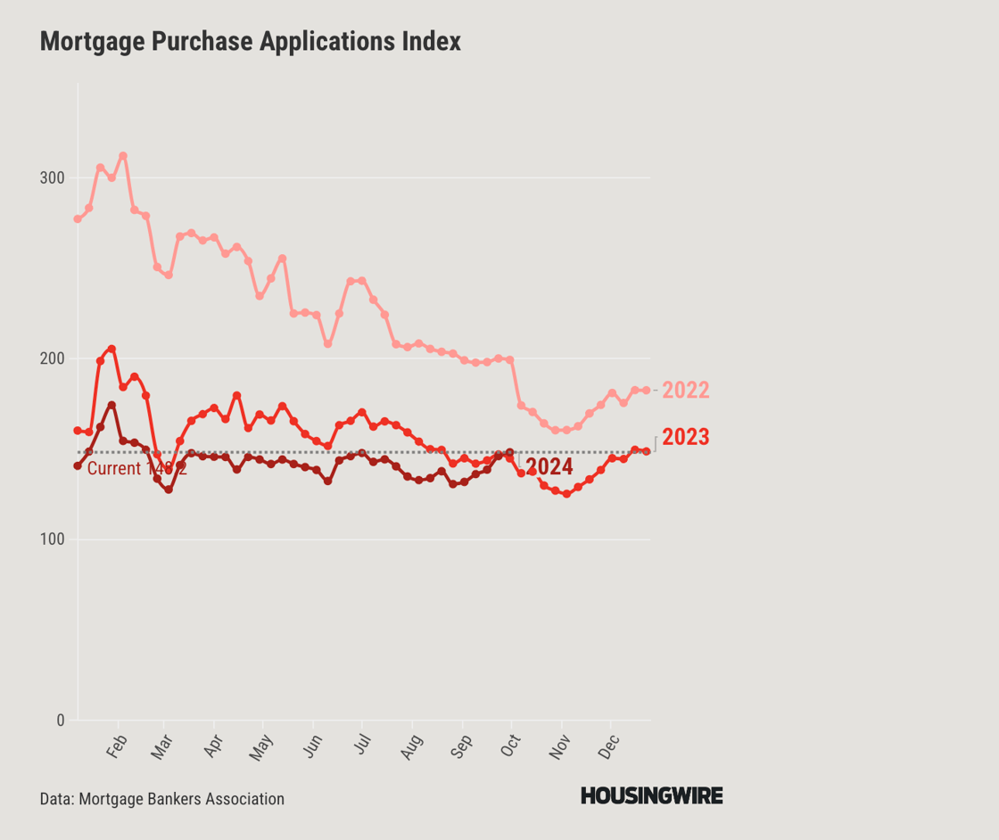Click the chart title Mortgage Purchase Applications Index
click(x=250, y=41)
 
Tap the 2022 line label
click(x=686, y=391)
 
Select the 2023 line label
click(x=686, y=437)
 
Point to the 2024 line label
click(x=549, y=467)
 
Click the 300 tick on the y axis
click(x=52, y=177)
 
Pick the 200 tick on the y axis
click(x=52, y=358)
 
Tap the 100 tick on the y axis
click(x=52, y=539)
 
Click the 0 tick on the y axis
click(x=60, y=721)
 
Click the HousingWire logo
click(x=651, y=796)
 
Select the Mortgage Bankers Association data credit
click(x=162, y=799)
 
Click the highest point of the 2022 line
click(x=123, y=155)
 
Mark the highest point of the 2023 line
click(x=111, y=349)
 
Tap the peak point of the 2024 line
click(x=111, y=405)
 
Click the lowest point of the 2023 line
click(x=566, y=494)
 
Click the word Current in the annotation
click(x=114, y=469)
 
